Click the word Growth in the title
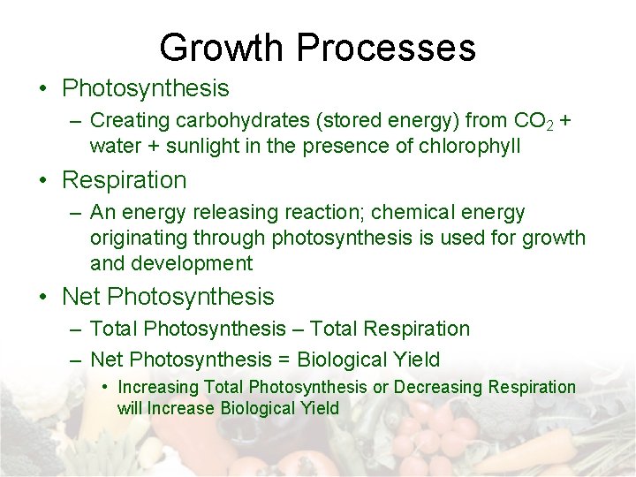click(224, 47)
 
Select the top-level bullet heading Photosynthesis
click(146, 88)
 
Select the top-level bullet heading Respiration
click(125, 180)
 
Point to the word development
click(192, 263)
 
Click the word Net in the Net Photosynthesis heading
click(81, 297)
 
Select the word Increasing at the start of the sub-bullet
click(158, 387)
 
